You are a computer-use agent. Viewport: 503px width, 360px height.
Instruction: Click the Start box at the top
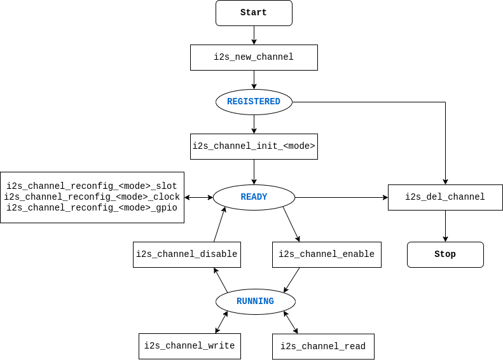(254, 13)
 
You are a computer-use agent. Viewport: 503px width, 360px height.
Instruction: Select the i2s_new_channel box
(254, 57)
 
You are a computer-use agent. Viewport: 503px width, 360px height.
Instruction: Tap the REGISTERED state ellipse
(254, 102)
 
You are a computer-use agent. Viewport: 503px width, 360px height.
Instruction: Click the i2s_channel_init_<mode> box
(254, 146)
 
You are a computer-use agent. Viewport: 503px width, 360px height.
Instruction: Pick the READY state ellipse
(254, 197)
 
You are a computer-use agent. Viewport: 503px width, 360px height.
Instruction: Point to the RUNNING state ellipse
(255, 301)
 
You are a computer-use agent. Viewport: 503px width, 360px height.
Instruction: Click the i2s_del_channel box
(445, 197)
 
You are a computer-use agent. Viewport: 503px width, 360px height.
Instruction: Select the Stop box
(445, 254)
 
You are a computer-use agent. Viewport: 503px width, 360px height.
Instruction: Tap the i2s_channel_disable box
(186, 254)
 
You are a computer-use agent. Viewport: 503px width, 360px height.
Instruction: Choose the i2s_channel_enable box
(326, 254)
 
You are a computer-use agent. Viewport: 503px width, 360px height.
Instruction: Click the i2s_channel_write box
(189, 346)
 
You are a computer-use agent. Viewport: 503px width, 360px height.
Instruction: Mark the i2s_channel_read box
(323, 347)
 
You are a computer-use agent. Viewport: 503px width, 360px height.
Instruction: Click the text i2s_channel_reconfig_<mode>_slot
(92, 186)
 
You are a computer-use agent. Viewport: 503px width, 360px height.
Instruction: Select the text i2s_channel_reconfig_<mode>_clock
(92, 197)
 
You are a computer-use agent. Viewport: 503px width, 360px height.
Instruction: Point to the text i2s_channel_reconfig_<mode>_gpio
(92, 208)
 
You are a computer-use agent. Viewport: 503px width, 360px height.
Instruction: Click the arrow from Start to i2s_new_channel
(254, 35)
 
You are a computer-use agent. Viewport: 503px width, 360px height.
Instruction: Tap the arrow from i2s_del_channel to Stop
(445, 226)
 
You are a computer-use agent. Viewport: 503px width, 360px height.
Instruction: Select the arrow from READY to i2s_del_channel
(341, 197)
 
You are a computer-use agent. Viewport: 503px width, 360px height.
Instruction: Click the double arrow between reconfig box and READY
(198, 197)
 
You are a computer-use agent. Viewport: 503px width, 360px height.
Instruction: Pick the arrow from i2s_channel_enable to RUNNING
(292, 279)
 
